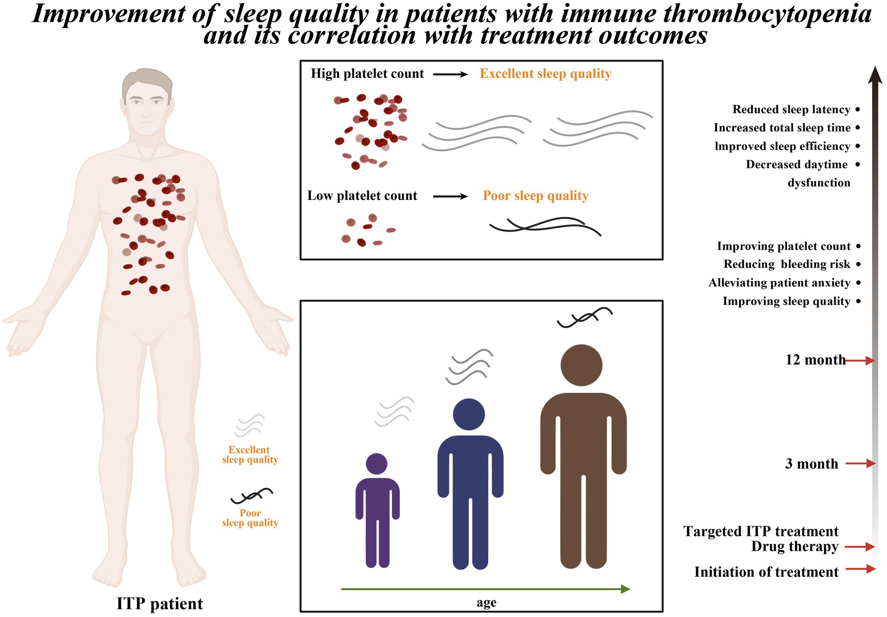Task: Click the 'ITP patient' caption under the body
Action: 159,603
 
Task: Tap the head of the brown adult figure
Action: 581,365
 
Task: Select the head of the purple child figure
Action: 376,464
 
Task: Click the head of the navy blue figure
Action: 469,414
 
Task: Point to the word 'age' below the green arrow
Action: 486,603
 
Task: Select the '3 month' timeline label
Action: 811,464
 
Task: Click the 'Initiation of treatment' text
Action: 766,572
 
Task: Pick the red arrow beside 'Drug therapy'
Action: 860,547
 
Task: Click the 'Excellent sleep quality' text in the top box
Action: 545,74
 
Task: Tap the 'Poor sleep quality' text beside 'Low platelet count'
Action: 535,196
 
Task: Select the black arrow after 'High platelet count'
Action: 450,74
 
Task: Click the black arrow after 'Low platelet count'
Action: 450,197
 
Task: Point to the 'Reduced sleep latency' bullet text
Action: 791,110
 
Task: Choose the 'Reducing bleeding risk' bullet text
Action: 787,264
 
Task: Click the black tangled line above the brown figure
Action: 584,317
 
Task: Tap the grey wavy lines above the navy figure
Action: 470,367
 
